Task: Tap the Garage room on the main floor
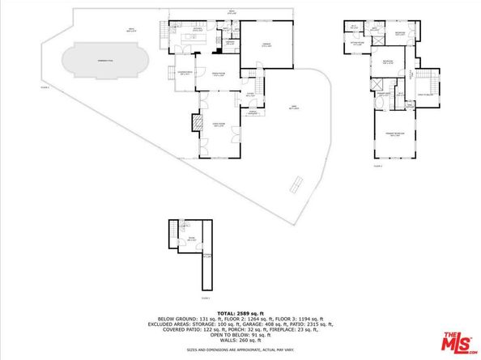click(x=267, y=47)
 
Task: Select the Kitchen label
click(x=195, y=29)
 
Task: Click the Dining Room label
click(x=218, y=74)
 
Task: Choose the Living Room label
click(x=217, y=124)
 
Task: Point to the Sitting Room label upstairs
click(x=355, y=32)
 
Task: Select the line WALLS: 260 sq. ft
click(x=240, y=341)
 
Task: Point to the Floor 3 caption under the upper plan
click(x=377, y=165)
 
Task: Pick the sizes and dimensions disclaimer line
click(x=240, y=350)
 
